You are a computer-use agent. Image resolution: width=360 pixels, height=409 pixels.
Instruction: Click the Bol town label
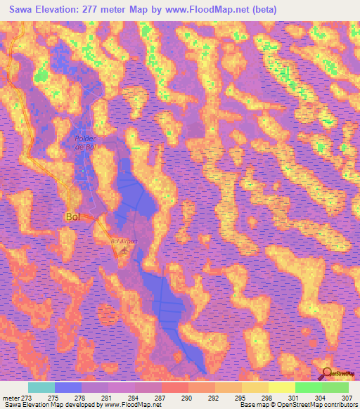(72, 216)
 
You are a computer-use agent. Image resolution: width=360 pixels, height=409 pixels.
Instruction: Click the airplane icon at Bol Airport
(125, 249)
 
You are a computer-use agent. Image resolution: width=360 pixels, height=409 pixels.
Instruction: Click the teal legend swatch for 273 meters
(41, 387)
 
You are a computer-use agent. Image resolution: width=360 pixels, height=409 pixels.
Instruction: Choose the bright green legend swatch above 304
(309, 387)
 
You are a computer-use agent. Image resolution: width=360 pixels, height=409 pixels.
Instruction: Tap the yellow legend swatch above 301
(282, 387)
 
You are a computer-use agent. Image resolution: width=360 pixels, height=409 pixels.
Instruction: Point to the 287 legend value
(162, 397)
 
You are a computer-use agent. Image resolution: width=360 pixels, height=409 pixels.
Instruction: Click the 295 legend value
(242, 397)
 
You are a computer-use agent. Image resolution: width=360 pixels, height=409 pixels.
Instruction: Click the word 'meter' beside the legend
(11, 397)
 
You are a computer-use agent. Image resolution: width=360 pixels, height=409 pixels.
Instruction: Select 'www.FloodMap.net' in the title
(209, 9)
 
